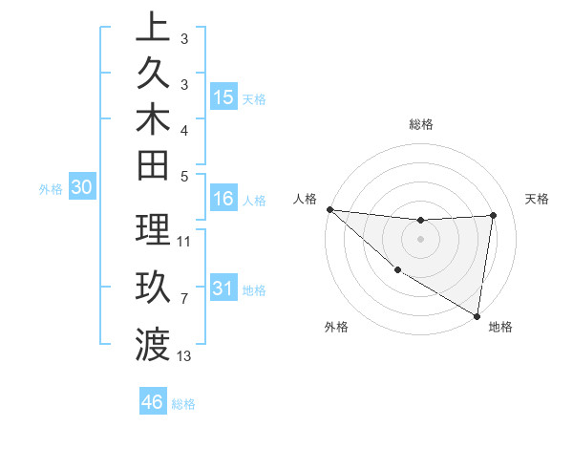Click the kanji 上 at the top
pos(153,27)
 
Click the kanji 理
pos(153,230)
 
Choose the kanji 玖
pos(153,287)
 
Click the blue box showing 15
pos(223,97)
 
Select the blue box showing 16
pos(223,200)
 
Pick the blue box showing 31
pos(223,289)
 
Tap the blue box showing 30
pos(82,188)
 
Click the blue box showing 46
pos(153,402)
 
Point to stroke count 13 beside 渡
pos(184,356)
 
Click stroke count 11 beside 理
pos(184,242)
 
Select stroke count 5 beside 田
pos(183,176)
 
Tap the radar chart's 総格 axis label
pos(421,124)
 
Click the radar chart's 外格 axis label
pos(336,328)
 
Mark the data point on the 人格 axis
pos(329,209)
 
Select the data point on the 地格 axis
pos(477,316)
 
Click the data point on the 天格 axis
pos(494,215)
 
